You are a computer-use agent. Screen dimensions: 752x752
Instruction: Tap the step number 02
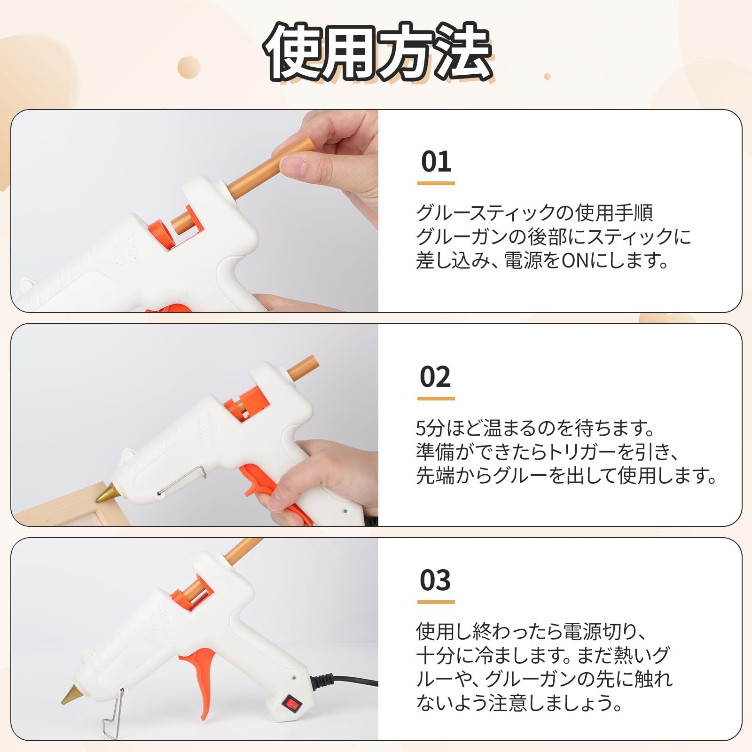436,376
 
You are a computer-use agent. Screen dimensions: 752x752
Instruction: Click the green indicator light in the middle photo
345,510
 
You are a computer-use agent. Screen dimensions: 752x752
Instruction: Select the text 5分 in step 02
428,428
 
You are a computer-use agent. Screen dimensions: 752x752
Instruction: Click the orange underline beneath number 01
436,183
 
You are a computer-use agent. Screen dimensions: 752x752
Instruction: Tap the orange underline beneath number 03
436,602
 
